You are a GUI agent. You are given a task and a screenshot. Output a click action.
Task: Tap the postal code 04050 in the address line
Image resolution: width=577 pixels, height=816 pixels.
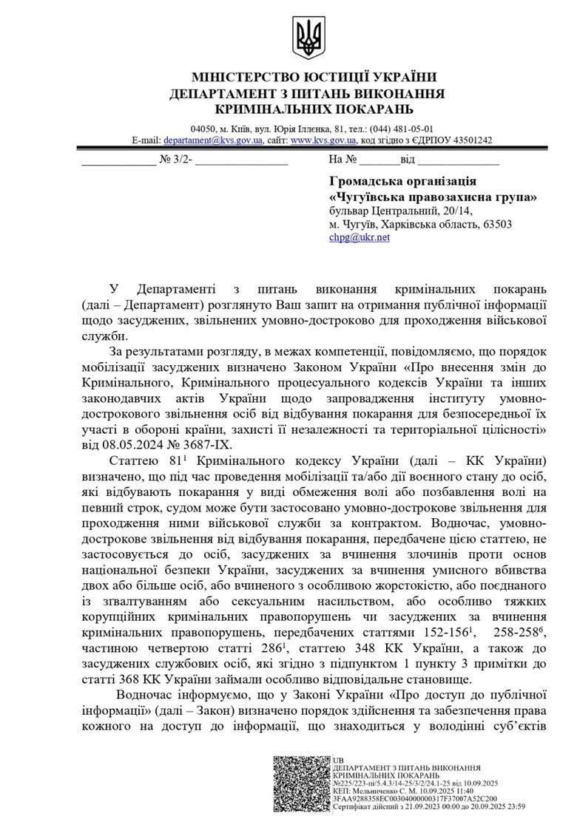pyautogui.click(x=202, y=128)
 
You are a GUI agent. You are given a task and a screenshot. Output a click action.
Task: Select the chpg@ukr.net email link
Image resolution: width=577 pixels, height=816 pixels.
pyautogui.click(x=360, y=238)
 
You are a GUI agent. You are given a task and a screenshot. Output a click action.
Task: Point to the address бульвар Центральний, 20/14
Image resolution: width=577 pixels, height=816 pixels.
pyautogui.click(x=396, y=211)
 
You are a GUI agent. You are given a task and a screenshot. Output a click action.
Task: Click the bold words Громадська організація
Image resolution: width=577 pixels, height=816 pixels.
pyautogui.click(x=402, y=182)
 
